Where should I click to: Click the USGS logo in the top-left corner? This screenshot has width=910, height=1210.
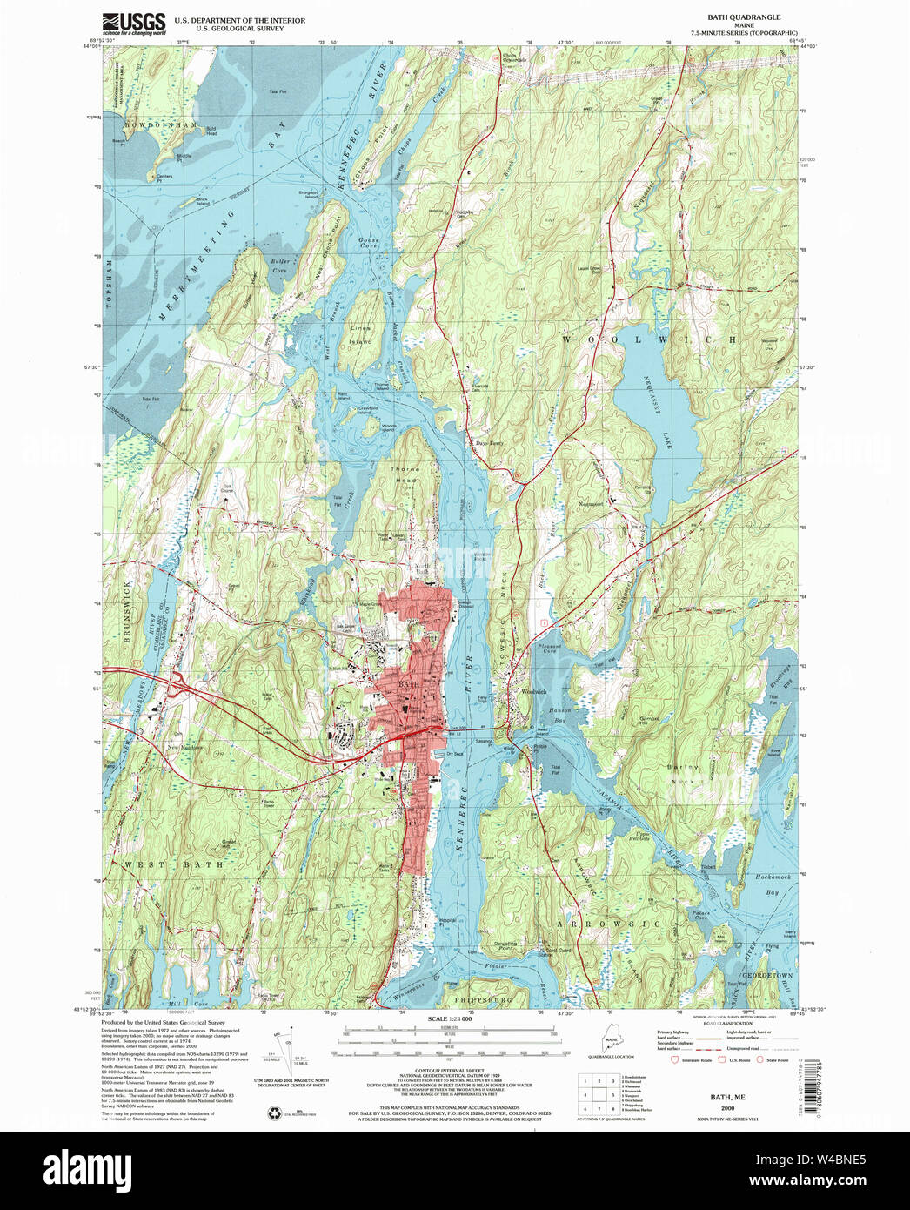134,23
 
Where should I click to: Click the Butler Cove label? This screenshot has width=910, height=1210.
279,266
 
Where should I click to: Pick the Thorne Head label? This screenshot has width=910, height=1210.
405,474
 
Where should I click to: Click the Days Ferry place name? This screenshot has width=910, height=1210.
489,443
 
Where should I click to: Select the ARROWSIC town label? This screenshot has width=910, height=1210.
610,924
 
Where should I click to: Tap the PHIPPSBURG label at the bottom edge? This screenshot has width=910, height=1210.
477,1000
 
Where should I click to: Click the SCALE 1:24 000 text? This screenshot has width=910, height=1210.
450,1018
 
